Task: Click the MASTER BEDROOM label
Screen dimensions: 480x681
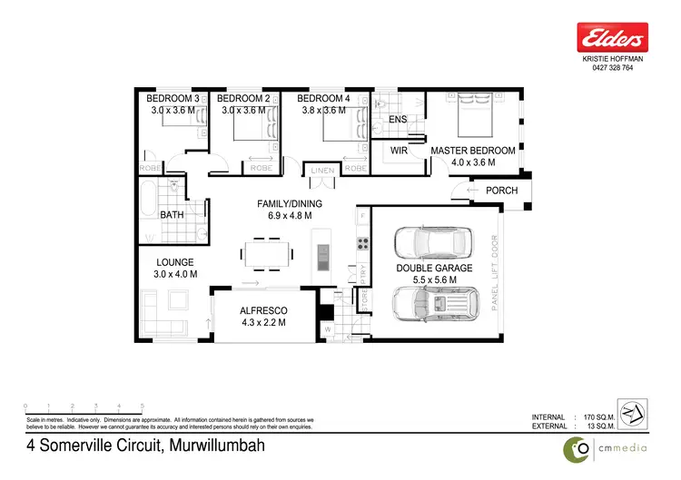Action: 473,151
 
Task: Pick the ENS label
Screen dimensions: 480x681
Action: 398,120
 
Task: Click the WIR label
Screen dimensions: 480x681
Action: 398,151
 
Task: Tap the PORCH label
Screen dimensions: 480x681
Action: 502,191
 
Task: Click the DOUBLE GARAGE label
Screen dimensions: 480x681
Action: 432,269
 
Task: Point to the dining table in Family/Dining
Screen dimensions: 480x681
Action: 266,251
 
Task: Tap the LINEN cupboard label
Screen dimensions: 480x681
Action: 323,170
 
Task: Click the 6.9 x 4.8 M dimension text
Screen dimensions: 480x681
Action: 283,217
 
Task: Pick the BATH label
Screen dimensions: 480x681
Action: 172,215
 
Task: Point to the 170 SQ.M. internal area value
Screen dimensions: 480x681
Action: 596,416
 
